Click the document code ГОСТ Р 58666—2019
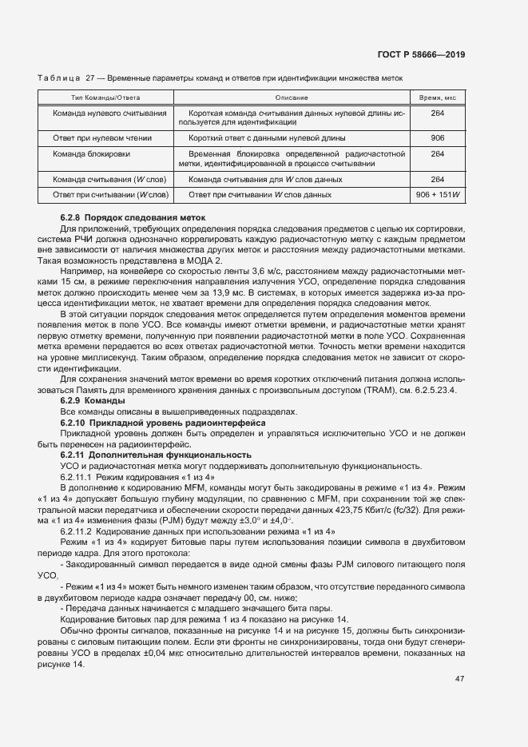point(420,54)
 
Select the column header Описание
point(292,97)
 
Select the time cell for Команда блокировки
point(437,153)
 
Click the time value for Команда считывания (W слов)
point(437,180)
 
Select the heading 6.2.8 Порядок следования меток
point(133,217)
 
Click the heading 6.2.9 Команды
point(93,399)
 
